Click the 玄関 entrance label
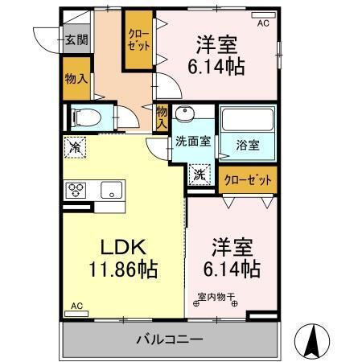(77, 40)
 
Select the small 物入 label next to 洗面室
(162, 117)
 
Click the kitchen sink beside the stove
(110, 191)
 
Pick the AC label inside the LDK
(76, 306)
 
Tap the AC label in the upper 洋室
(262, 23)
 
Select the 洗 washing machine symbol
(199, 172)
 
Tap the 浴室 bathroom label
(247, 145)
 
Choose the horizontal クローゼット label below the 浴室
(247, 179)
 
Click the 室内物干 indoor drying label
(216, 296)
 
